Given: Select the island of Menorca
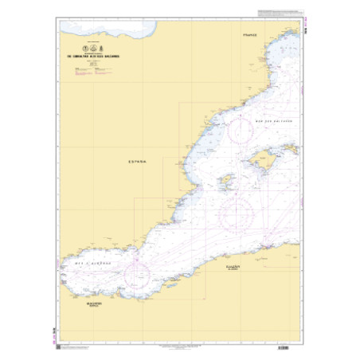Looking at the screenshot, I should [287, 149].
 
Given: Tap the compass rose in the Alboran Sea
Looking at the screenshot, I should [136, 276].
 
